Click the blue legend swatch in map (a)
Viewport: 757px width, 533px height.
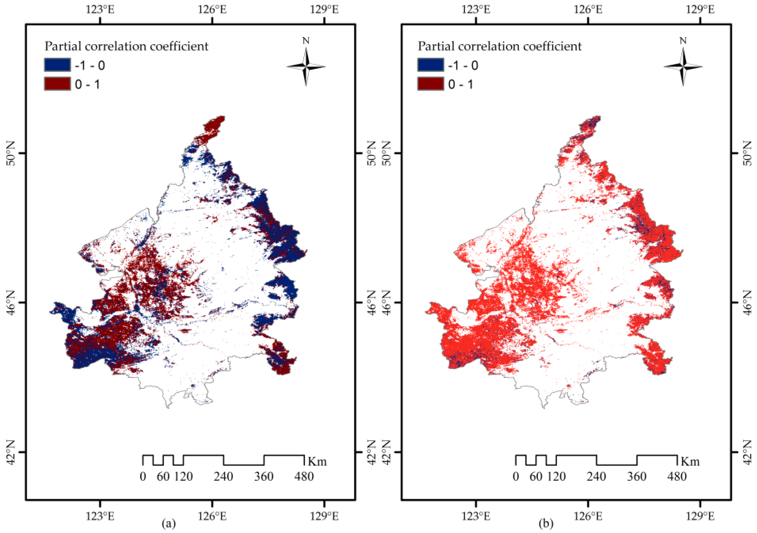click(57, 65)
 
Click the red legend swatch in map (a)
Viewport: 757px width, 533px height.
click(57, 84)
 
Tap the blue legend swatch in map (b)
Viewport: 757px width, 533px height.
click(430, 65)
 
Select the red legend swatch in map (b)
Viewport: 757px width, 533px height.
click(430, 84)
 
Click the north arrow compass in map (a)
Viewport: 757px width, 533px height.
click(306, 66)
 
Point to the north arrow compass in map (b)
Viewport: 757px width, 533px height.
click(683, 66)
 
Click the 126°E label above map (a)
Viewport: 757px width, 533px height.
click(212, 9)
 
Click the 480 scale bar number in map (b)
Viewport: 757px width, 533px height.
click(677, 477)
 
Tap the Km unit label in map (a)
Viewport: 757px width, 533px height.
click(317, 462)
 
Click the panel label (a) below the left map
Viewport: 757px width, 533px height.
click(169, 523)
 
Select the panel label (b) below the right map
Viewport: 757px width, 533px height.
click(546, 523)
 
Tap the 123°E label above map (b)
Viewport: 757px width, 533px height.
click(476, 9)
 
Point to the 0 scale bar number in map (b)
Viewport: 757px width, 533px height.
click(516, 477)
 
